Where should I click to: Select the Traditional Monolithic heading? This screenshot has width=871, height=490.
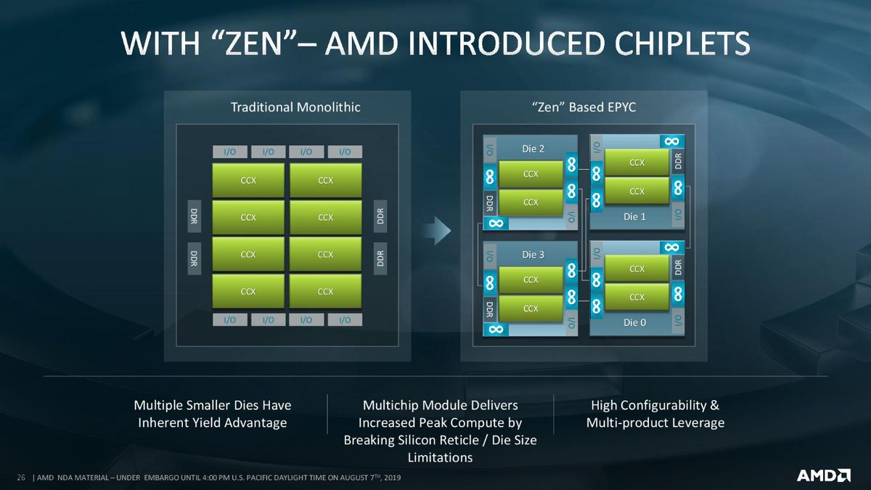point(295,107)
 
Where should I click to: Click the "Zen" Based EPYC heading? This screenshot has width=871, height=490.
point(584,107)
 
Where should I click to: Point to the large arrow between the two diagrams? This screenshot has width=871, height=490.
point(437,231)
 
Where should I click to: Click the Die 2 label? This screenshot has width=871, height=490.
point(533,149)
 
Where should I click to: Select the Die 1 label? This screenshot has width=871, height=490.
point(634,216)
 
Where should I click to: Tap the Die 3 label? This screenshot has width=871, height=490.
point(533,255)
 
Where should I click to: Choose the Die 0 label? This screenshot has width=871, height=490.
point(634,322)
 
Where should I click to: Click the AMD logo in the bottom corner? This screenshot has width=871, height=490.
point(824,475)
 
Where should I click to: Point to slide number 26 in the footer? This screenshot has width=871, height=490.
point(21,478)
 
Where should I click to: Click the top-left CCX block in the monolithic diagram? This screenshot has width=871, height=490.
point(248,181)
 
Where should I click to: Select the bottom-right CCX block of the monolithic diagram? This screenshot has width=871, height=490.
point(325,291)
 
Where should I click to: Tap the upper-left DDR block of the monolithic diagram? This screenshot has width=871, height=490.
point(194,216)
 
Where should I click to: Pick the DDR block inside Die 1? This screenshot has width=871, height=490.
point(678,161)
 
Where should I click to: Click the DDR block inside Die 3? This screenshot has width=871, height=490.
point(489,309)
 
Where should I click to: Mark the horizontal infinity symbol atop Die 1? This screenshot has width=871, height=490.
point(672,141)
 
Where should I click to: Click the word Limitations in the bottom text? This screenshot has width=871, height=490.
point(440,457)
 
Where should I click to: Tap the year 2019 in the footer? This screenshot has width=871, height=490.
point(393,478)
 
